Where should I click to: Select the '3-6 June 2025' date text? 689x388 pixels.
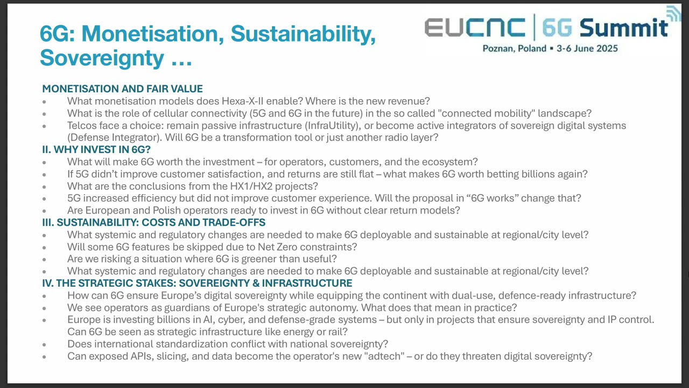coord(587,48)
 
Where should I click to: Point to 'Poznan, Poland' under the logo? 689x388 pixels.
coord(514,48)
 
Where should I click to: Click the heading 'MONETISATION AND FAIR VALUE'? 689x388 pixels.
coord(122,89)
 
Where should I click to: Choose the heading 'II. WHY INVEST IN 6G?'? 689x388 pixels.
coord(96,150)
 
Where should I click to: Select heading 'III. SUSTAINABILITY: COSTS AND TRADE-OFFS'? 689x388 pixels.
coord(153,223)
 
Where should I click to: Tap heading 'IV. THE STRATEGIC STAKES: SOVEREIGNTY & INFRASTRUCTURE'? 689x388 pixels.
coord(197,283)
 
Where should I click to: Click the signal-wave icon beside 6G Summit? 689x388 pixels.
coord(673,14)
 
